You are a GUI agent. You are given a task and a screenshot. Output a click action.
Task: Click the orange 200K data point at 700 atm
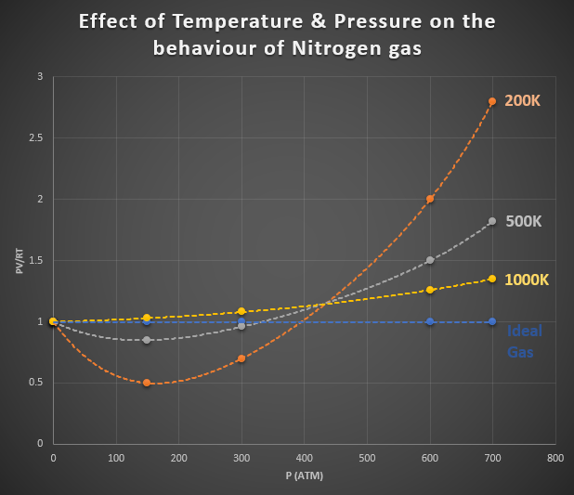click(492, 101)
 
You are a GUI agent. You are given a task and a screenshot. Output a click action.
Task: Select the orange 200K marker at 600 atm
click(430, 199)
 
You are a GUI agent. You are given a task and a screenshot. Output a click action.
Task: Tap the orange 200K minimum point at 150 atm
click(147, 383)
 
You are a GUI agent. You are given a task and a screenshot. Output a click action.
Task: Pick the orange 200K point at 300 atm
click(241, 358)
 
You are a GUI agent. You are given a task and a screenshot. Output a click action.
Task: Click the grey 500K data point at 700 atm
click(492, 221)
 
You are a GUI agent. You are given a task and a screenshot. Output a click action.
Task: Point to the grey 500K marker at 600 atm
click(430, 260)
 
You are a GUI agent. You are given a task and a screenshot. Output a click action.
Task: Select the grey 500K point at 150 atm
click(147, 340)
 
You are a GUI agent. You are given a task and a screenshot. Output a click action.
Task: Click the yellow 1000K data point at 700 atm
click(492, 279)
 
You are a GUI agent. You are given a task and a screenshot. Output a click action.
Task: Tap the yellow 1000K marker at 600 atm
click(430, 290)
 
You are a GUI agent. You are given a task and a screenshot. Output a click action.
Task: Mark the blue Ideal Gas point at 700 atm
click(492, 321)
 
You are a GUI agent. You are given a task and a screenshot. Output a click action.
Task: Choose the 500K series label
click(523, 221)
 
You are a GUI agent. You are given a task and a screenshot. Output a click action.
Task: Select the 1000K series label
click(527, 279)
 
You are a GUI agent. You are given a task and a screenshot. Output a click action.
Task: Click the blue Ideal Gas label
click(525, 342)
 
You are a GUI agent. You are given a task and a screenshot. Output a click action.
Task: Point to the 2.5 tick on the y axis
click(35, 137)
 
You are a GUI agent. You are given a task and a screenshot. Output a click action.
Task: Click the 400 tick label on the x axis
click(304, 458)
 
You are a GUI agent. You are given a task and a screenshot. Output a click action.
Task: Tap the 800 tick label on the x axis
click(554, 458)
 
